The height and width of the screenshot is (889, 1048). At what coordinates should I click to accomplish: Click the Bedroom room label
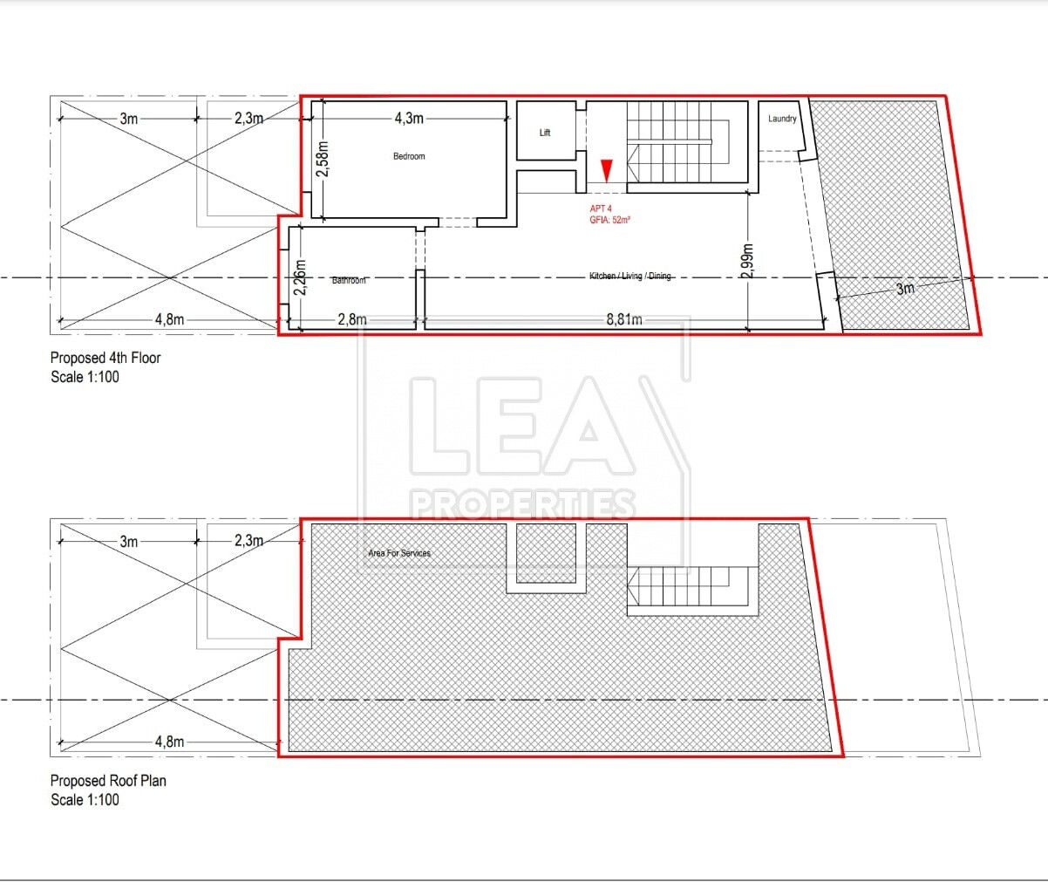[409, 156]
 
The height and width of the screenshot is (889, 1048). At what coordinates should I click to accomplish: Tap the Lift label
[545, 133]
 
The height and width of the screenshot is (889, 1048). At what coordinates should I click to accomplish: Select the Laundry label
[782, 119]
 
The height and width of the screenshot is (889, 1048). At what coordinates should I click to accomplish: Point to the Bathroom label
[349, 280]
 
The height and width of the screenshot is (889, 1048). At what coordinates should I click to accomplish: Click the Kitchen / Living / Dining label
[629, 276]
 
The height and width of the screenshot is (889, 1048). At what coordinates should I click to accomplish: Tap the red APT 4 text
[601, 209]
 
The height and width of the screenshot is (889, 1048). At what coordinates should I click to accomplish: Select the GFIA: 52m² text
[609, 220]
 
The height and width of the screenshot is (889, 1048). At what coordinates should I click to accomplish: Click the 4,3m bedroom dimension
[409, 119]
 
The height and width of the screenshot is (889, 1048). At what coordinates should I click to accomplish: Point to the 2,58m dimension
[323, 159]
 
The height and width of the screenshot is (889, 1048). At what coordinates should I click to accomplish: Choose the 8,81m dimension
[624, 319]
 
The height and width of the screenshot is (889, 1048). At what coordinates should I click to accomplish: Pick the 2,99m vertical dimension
[747, 262]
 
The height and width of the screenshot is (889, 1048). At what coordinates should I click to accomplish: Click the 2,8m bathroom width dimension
[352, 319]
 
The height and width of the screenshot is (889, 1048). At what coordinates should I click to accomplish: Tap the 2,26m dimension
[300, 277]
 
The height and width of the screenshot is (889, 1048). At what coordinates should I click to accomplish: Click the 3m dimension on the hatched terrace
[905, 289]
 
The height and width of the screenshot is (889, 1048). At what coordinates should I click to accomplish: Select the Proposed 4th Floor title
[105, 358]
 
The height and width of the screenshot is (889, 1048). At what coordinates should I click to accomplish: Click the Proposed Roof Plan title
[108, 781]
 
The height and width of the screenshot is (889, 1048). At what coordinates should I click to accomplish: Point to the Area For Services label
[399, 553]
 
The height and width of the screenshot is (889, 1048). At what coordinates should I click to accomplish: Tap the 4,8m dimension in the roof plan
[169, 742]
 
